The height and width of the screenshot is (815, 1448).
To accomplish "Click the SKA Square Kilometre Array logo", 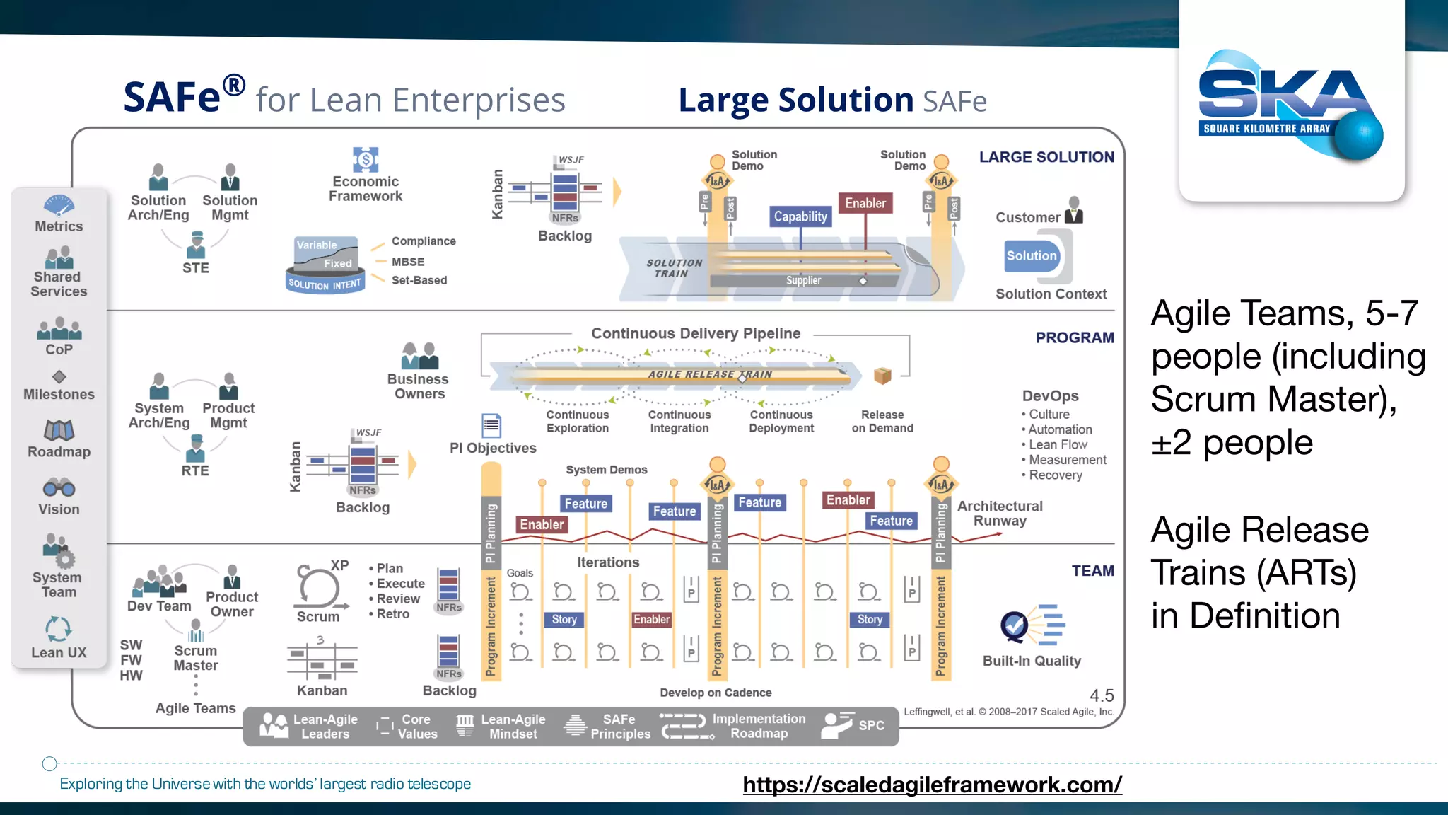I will pos(1290,106).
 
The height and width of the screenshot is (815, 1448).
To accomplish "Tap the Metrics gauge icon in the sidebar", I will pos(59,205).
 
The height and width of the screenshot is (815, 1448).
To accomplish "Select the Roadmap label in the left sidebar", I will pos(59,452).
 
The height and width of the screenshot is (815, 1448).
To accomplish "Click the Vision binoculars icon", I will pos(59,487).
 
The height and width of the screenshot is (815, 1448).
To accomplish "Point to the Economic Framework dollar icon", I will pos(366,159).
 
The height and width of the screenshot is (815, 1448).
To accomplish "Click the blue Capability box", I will pos(800,216).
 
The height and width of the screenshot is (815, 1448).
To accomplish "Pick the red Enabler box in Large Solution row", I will pos(865,203).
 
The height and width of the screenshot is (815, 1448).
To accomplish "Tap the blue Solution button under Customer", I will pos(1032,256).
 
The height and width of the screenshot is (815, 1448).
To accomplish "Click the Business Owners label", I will pos(419,387).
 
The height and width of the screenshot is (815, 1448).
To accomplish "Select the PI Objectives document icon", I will pos(491,425).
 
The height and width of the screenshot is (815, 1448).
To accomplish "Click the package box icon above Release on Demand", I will pos(882,376).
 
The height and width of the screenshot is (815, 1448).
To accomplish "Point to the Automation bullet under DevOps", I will pos(1060,429).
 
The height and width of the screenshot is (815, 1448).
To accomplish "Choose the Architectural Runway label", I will pos(1000,514).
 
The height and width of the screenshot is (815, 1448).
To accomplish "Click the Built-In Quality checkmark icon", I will pos(1015,625).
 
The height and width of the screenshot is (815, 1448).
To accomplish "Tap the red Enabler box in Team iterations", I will pos(651,620).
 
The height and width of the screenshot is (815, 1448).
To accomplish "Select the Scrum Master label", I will pos(196,658).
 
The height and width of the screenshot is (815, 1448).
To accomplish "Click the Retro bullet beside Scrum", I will pos(392,614).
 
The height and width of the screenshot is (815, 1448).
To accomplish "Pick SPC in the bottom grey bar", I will pos(871,726).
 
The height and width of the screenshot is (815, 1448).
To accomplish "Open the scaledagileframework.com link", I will pos(932,785).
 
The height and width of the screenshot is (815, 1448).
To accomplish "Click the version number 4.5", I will pos(1102,696).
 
